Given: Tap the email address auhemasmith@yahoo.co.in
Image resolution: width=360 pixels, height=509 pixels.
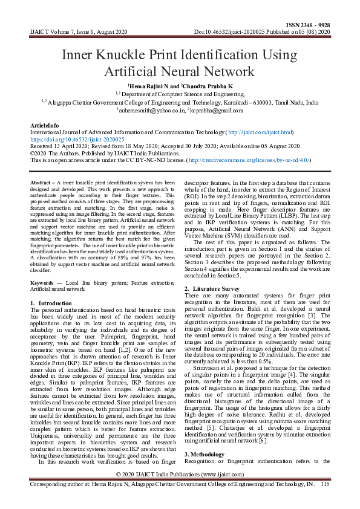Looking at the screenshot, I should [x=150, y=111].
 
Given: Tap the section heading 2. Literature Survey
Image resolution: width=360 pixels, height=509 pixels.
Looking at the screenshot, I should [x=212, y=289].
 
